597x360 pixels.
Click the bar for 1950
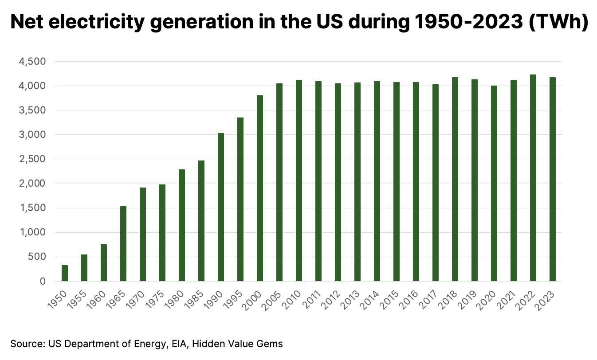point(65,273)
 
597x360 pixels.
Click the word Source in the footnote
point(24,344)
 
